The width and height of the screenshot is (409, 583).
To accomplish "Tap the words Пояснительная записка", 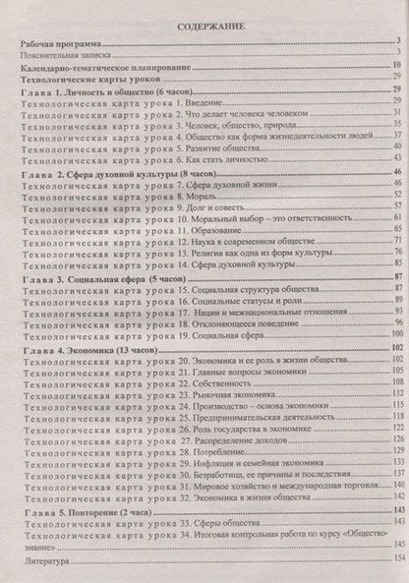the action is [63, 56].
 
